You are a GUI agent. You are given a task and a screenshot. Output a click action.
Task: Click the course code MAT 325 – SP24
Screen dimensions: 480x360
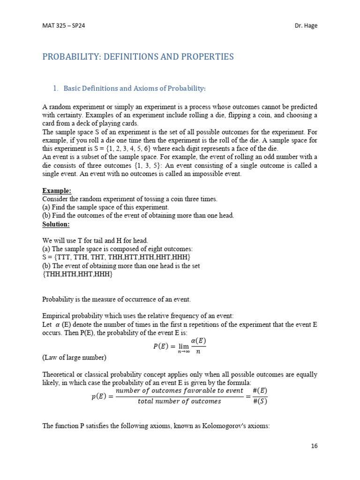point(63,26)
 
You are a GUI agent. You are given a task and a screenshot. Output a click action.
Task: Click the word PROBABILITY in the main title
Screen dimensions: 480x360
point(74,57)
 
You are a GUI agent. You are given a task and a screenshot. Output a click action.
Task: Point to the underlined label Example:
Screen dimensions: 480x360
point(57,191)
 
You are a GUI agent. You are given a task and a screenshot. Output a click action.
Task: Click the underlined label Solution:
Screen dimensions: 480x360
point(56,224)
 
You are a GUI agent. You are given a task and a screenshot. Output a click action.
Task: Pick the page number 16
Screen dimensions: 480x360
point(314,446)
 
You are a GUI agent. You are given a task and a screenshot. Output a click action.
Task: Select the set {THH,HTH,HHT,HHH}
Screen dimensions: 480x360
point(77,274)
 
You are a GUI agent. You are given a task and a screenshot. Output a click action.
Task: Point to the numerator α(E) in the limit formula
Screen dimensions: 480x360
point(198,340)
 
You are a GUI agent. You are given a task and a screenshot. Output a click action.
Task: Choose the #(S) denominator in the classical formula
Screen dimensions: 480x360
point(260,401)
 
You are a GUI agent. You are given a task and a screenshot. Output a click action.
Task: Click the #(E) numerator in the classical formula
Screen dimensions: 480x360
point(260,391)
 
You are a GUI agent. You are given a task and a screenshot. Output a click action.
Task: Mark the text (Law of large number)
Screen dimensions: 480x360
point(74,358)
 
